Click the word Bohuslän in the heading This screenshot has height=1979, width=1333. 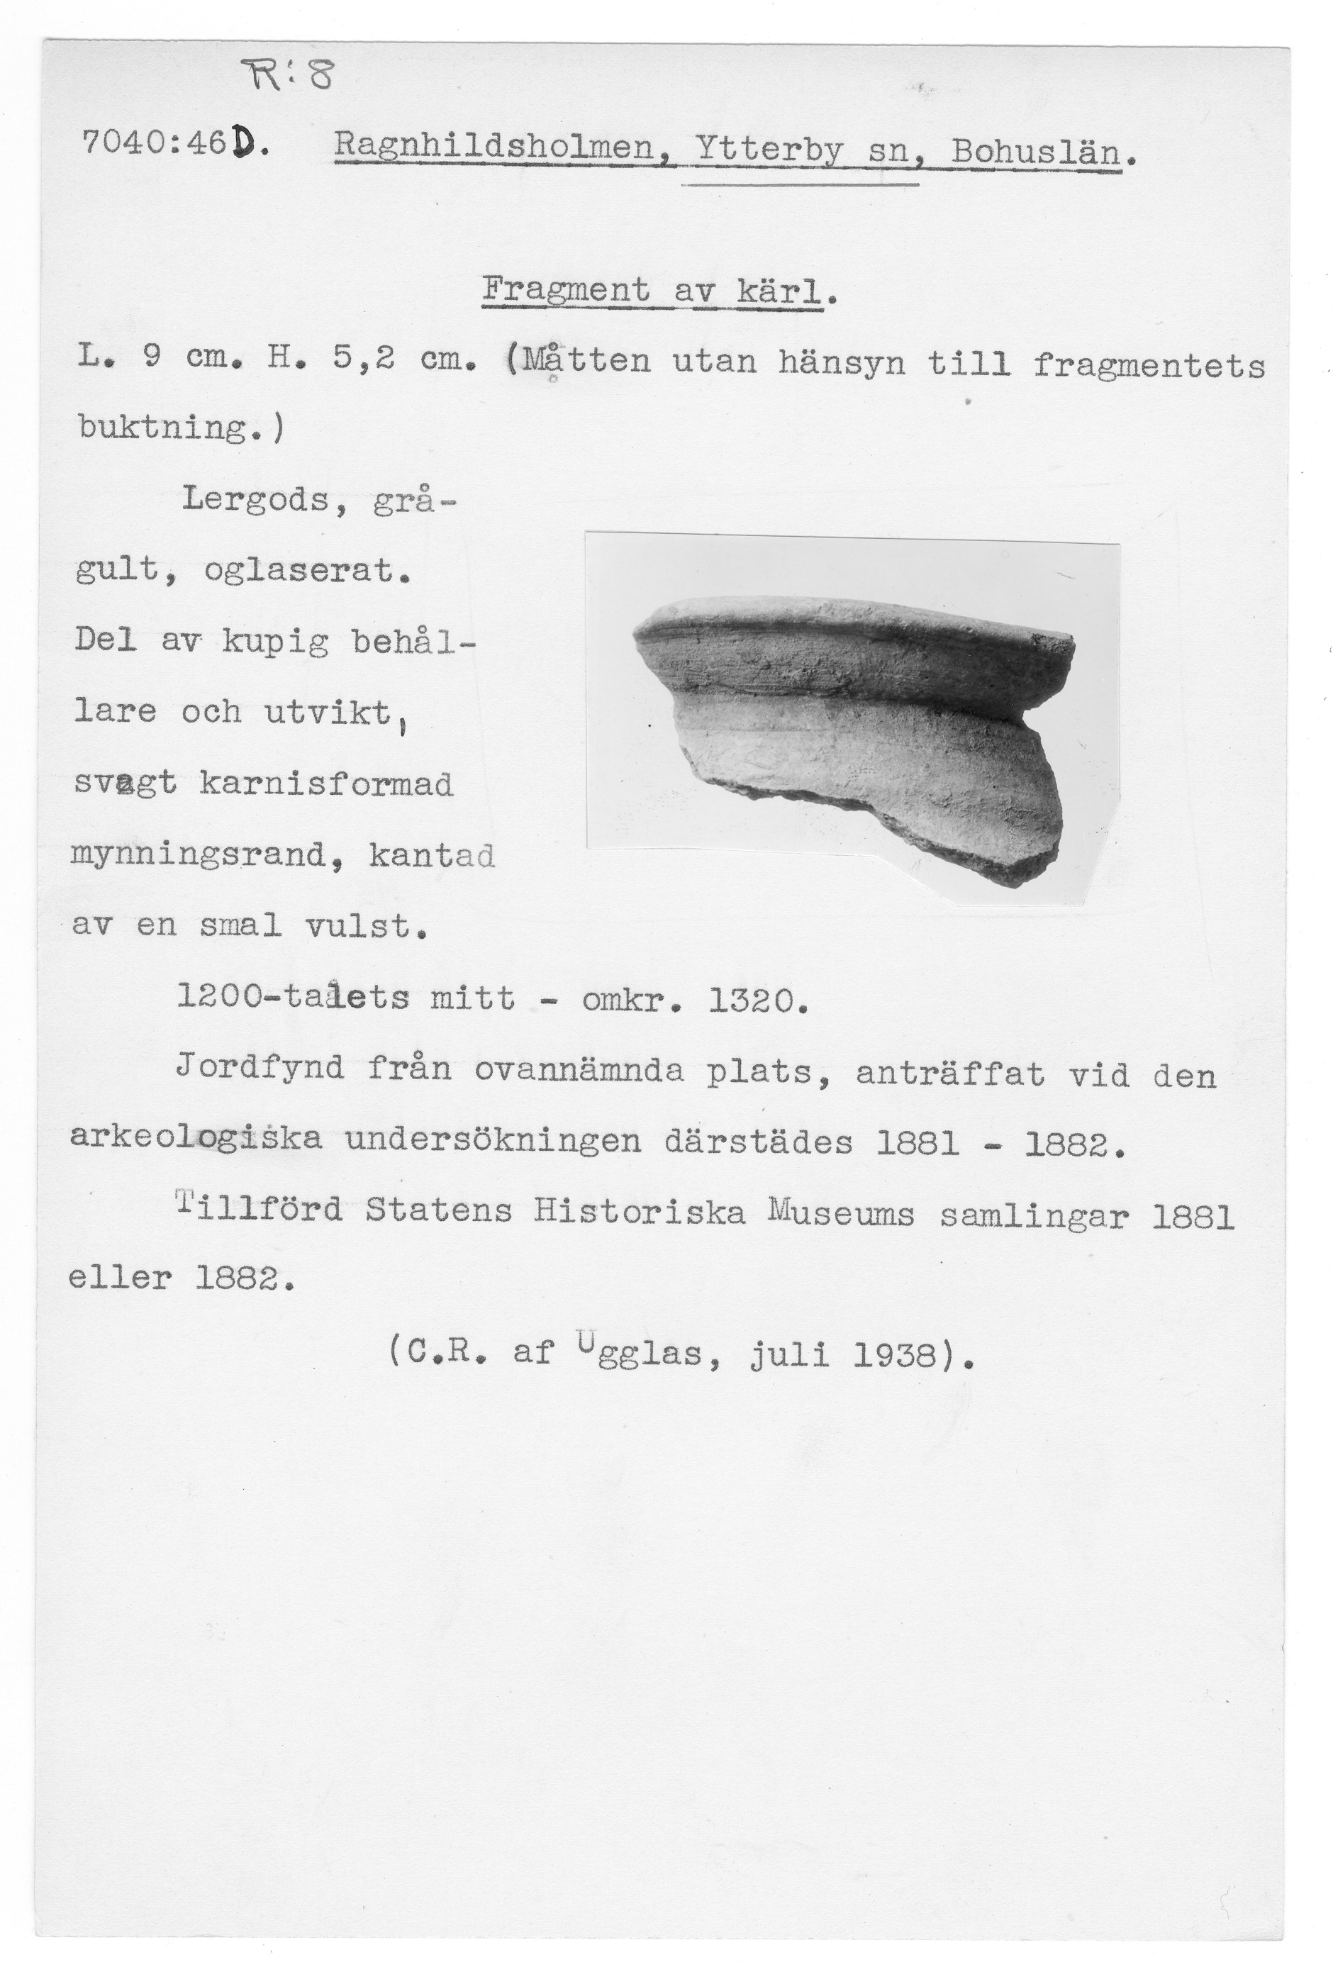click(x=1035, y=154)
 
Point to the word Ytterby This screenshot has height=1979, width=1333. click(x=769, y=152)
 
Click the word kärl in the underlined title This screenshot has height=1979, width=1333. click(x=779, y=292)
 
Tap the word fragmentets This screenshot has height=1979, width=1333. click(x=1149, y=366)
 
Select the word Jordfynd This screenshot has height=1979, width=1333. click(x=260, y=1068)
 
